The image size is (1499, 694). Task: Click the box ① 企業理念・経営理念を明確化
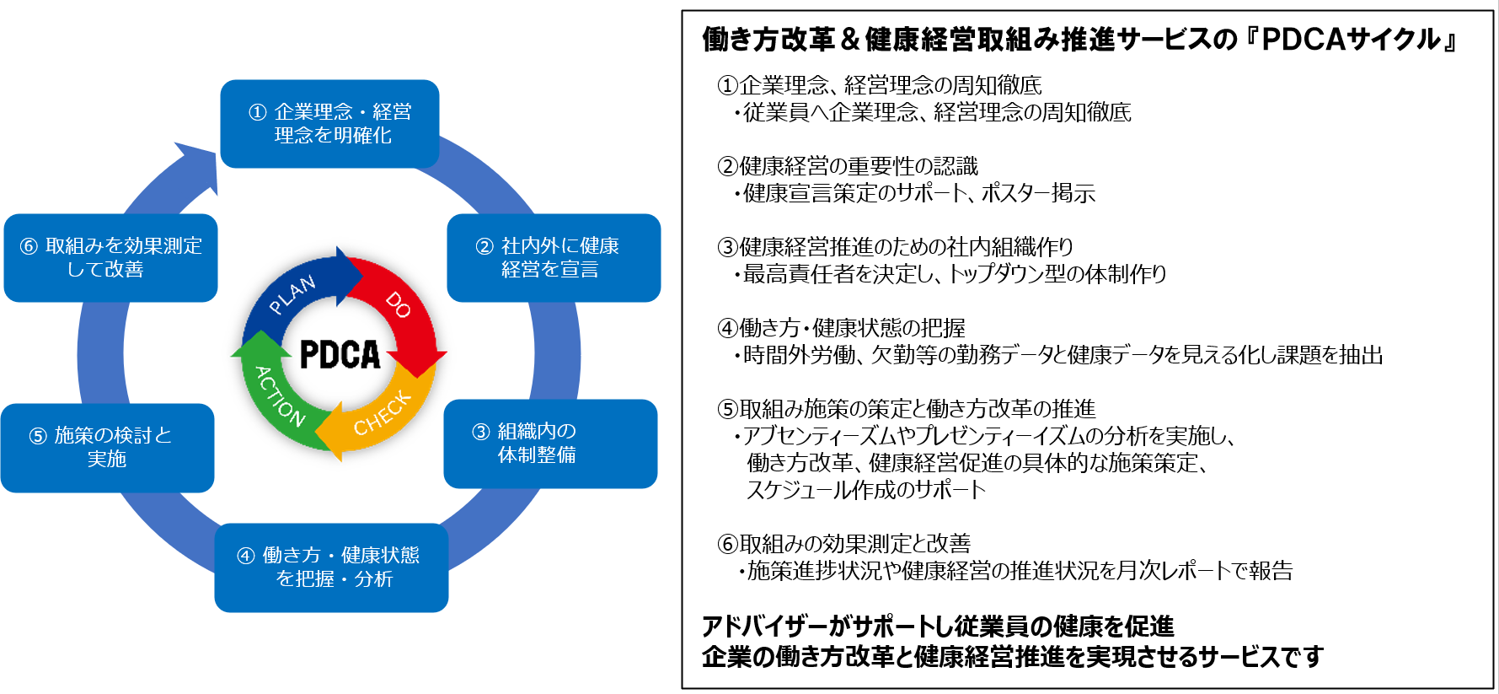pos(329,124)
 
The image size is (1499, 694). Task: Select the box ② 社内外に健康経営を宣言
pos(554,258)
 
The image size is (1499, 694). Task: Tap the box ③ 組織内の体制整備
pos(550,444)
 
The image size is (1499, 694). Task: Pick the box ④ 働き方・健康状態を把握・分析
pos(331,568)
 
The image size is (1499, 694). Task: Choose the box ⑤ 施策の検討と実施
pos(108,448)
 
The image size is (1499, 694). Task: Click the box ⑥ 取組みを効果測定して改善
pos(111,258)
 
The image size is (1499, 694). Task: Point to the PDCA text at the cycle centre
pos(340,355)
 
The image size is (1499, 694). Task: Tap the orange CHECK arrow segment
pos(383,413)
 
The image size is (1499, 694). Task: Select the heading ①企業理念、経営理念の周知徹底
pos(879,85)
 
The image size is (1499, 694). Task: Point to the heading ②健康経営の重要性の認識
pos(848,166)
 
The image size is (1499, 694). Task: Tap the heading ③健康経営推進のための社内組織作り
pos(895,247)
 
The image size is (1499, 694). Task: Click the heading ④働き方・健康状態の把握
pos(841,328)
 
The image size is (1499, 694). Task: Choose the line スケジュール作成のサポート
pos(866,490)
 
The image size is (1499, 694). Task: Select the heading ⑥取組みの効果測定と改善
pos(843,544)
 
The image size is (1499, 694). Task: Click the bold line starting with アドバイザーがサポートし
pos(938,627)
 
